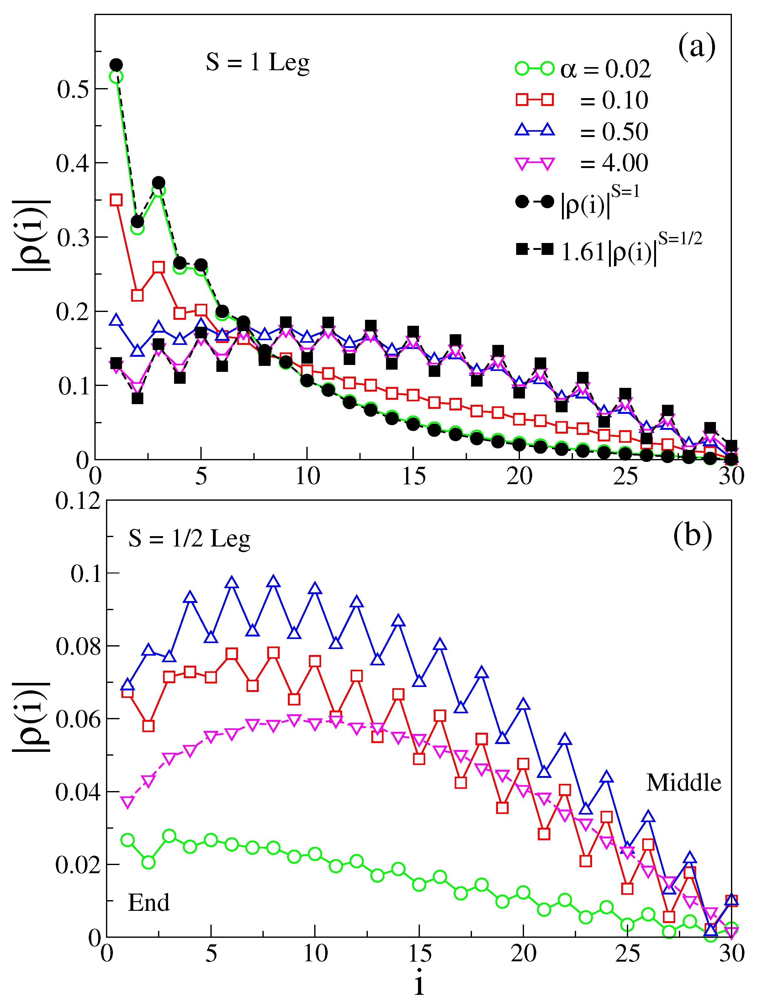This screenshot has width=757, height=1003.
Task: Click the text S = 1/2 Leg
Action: pyautogui.click(x=189, y=539)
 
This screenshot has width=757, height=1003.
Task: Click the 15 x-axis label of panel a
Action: pyautogui.click(x=413, y=476)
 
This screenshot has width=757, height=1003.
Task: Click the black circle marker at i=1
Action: pyautogui.click(x=116, y=65)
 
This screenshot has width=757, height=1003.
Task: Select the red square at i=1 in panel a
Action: pyautogui.click(x=116, y=200)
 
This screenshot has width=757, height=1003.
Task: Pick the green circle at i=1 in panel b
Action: pyautogui.click(x=127, y=840)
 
